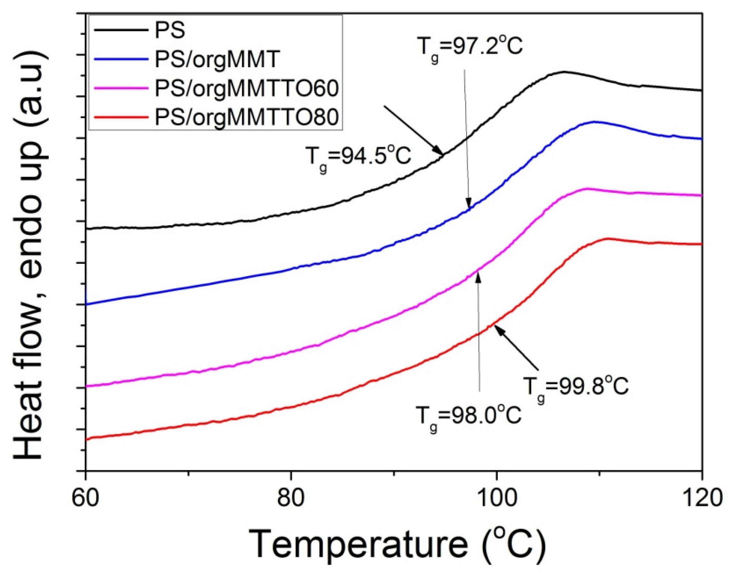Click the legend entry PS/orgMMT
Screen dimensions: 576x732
(217, 60)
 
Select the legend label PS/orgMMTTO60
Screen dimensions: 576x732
(247, 89)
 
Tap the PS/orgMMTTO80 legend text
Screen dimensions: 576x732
(247, 118)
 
